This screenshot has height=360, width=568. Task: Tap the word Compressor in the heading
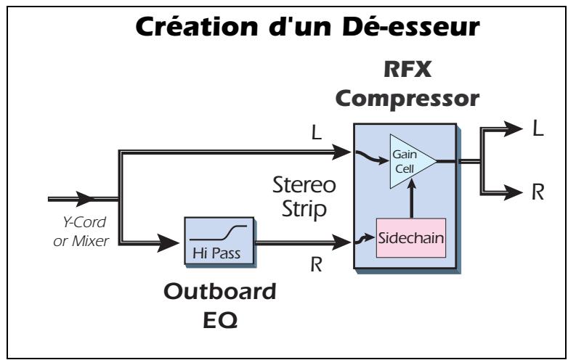404,98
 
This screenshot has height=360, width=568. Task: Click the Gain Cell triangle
407,159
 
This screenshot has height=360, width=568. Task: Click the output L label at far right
537,129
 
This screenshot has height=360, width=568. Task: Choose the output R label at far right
537,192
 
